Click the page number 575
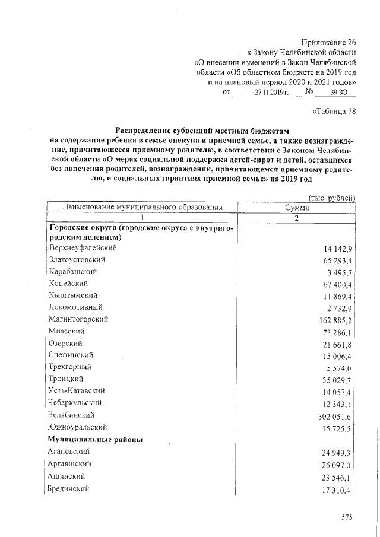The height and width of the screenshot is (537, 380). click(x=347, y=517)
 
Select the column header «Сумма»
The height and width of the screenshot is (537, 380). click(x=297, y=208)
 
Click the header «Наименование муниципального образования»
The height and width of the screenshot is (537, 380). click(x=137, y=208)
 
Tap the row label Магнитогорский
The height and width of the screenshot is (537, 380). click(x=78, y=319)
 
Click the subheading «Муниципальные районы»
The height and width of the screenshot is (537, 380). click(x=95, y=439)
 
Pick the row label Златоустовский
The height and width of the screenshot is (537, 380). click(x=78, y=259)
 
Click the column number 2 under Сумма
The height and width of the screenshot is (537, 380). click(x=297, y=218)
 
